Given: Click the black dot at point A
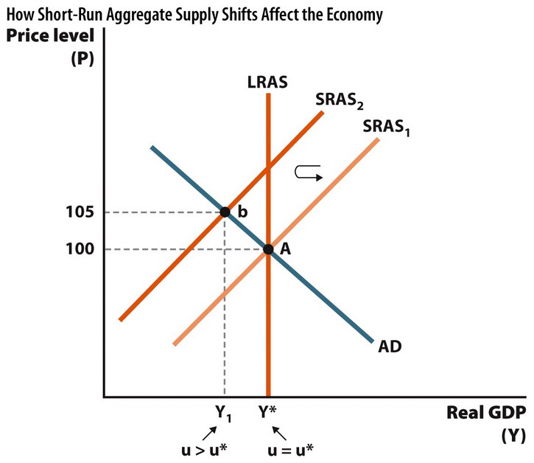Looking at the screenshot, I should [x=268, y=249].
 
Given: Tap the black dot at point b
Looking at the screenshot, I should [x=225, y=212].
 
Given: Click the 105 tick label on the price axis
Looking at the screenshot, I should [x=78, y=212].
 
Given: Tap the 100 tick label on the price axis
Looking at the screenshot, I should [x=78, y=249].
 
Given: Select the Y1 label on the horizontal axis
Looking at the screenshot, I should [x=224, y=414].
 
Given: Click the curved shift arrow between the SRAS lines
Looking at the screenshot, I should [x=308, y=173].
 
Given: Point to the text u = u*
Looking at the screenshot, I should [x=290, y=449].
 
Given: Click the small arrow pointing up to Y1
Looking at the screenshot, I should [x=210, y=430].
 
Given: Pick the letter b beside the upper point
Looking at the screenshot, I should [x=241, y=212].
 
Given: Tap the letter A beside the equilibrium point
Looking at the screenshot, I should [x=285, y=249].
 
